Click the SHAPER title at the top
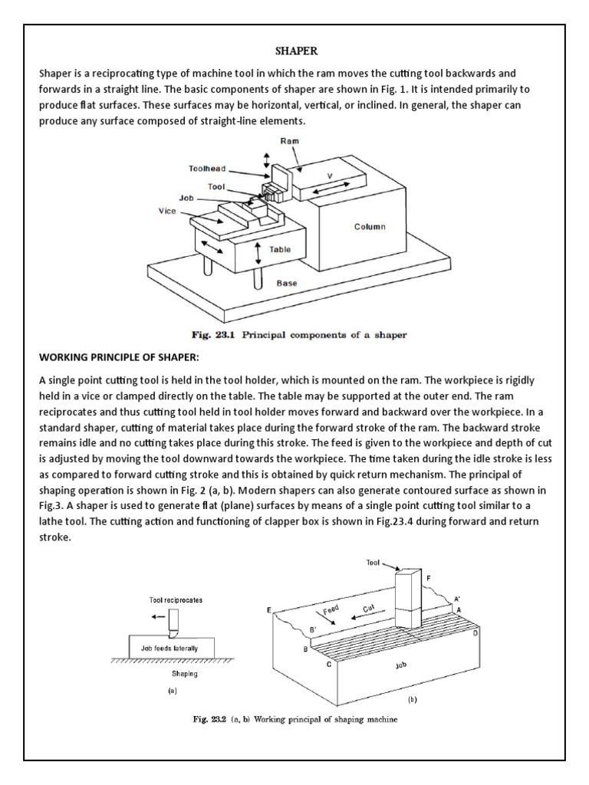pos(294,51)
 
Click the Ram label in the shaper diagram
pos(289,142)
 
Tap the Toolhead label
pos(207,168)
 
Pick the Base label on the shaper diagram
pos(287,282)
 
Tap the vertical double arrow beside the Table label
pos(261,251)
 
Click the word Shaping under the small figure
pos(184,675)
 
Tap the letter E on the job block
pos(269,609)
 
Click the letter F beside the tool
pos(428,576)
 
